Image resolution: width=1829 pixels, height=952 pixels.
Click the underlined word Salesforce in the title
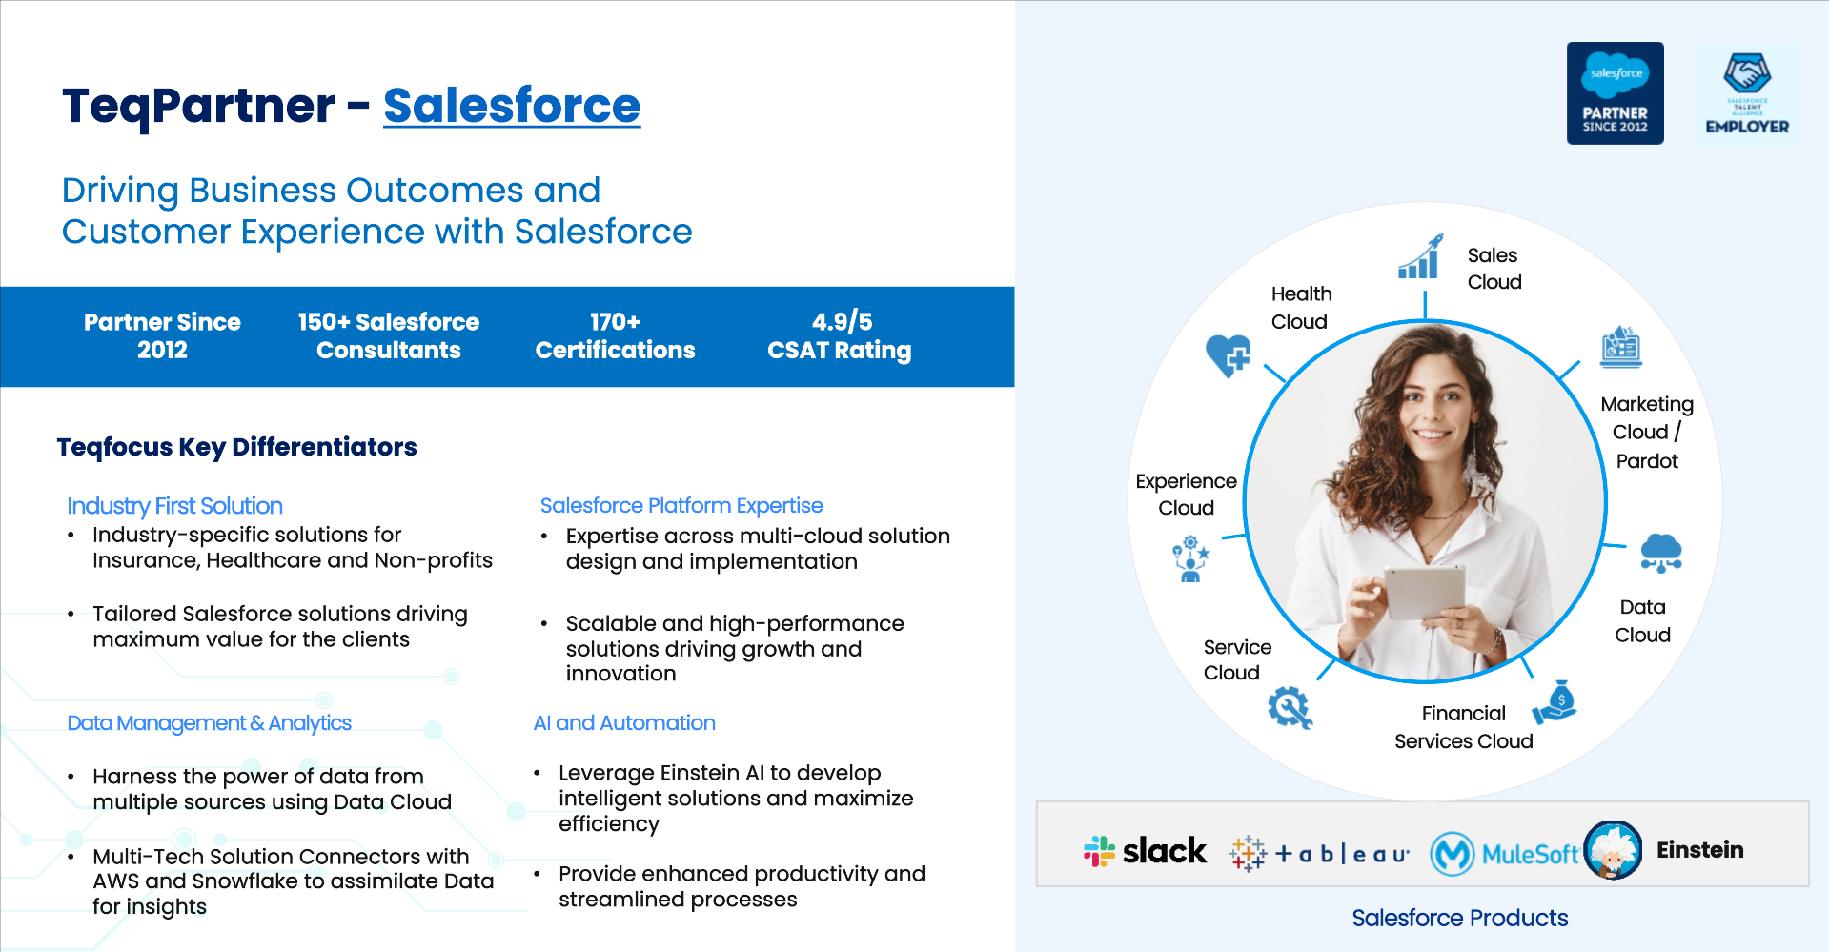click(512, 106)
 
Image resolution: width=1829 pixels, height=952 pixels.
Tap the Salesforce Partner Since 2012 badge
click(1615, 93)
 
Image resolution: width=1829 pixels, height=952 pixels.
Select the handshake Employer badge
click(1747, 93)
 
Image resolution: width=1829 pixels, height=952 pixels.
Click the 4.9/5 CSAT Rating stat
click(840, 336)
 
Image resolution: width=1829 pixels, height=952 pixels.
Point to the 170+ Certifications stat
click(615, 336)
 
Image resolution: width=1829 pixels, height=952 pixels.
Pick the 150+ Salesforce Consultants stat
click(389, 336)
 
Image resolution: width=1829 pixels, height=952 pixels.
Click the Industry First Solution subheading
click(174, 506)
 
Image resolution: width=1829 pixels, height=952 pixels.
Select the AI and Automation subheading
click(624, 723)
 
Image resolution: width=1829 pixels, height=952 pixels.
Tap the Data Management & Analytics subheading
click(209, 723)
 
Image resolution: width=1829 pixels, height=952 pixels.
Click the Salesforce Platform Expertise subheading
click(681, 506)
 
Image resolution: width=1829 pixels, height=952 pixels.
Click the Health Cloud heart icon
click(1229, 356)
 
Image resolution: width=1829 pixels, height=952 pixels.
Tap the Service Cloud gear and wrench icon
click(1290, 708)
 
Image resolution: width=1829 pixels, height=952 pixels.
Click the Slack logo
click(1145, 850)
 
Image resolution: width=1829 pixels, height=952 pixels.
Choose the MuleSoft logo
click(1505, 854)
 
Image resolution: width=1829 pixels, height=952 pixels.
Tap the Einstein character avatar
click(1613, 850)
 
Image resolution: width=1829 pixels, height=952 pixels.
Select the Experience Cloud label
click(1186, 495)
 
